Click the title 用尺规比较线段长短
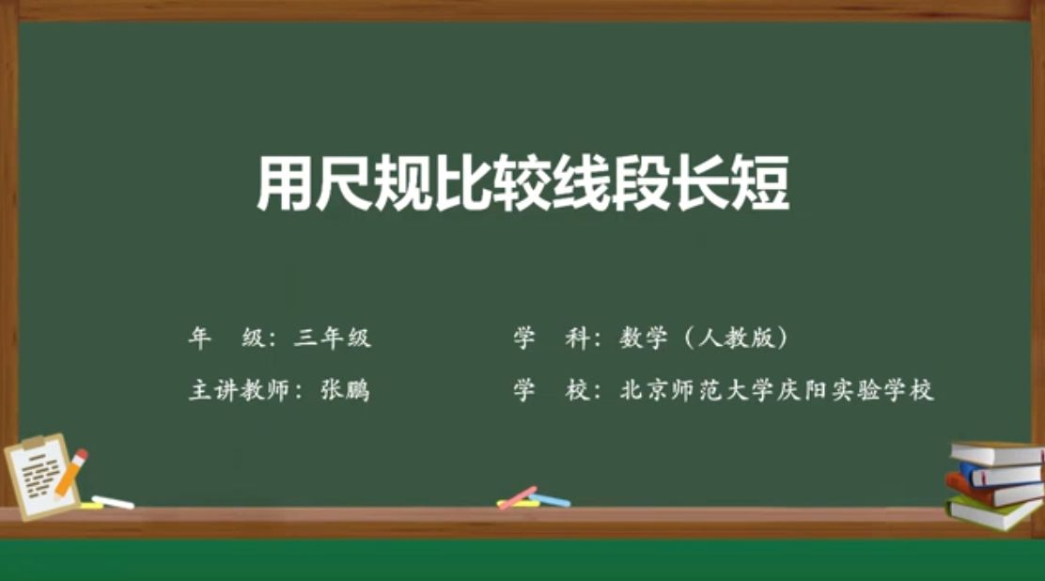(523, 182)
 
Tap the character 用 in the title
(285, 182)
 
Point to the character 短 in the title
(760, 182)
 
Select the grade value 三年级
(332, 338)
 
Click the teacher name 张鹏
(345, 390)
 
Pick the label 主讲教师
(241, 390)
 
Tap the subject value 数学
(643, 338)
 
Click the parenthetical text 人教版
(737, 338)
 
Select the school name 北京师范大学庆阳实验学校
(776, 390)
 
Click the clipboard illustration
(41, 477)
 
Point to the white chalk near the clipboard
(113, 502)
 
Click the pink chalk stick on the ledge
(518, 497)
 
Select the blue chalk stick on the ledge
(550, 500)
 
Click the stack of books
(995, 485)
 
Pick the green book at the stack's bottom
(993, 514)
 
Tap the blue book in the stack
(1000, 474)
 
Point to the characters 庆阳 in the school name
(803, 390)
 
